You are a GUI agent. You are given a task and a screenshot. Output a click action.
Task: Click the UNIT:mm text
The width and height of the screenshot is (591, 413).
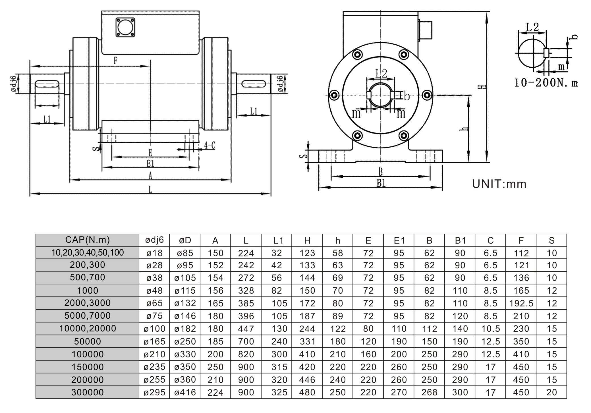pos(499,184)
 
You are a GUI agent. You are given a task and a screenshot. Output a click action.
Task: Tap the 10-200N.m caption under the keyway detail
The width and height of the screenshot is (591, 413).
pos(546,83)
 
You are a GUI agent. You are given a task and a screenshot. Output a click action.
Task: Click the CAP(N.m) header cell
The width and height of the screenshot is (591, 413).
pos(87,240)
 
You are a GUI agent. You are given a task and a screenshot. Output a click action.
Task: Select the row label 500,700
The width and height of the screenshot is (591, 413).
pos(87,277)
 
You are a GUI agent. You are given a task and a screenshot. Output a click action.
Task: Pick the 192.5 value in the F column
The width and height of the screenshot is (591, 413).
pos(521,303)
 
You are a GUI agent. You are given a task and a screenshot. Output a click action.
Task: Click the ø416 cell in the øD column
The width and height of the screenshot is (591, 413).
pos(185,392)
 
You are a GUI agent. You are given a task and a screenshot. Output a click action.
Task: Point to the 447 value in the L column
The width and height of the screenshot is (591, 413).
pos(246,329)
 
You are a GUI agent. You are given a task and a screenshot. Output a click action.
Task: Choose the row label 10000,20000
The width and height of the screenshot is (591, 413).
pos(87,329)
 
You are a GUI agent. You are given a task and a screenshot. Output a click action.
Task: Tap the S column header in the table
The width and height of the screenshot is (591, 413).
pos(551,240)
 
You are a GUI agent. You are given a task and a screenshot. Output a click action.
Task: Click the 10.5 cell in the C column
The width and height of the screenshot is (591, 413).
pos(490,329)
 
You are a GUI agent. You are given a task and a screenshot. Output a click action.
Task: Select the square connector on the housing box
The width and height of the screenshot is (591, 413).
pos(125,27)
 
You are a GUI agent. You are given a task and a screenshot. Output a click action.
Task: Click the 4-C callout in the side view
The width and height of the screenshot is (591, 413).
pos(210,146)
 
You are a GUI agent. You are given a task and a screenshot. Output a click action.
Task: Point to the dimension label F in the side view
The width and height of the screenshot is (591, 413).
pos(115,61)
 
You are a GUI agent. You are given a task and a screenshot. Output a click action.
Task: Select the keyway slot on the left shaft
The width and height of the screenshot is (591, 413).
pos(47,84)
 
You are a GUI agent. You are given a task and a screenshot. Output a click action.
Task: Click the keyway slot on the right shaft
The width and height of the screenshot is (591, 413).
pos(254,84)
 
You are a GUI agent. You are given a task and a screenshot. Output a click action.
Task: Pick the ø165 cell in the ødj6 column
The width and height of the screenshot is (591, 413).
pos(154,341)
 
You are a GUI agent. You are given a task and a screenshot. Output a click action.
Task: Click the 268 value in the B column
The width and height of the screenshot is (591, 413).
pos(429,392)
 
